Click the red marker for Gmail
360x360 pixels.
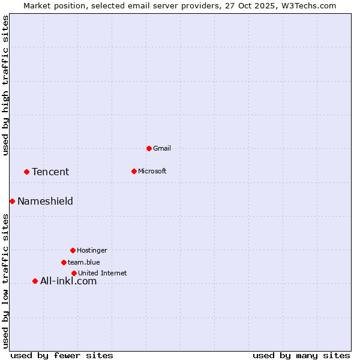pos(149,148)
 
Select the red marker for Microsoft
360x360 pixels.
pos(134,171)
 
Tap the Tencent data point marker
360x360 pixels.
pos(26,172)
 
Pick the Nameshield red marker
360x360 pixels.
pos(12,201)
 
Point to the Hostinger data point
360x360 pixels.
pos(73,250)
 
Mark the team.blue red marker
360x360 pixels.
pos(64,262)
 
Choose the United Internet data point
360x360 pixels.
pos(74,273)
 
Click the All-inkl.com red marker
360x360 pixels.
pos(35,281)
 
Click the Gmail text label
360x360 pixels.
pos(162,148)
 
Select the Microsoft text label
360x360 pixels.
pos(152,171)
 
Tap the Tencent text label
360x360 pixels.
pos(50,172)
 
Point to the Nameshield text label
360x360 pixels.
pos(45,201)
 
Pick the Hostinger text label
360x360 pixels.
pos(92,250)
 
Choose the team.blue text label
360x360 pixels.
pos(84,262)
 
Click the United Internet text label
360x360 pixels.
pos(103,273)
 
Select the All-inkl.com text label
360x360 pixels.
pos(68,281)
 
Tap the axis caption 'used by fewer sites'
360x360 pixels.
pos(62,355)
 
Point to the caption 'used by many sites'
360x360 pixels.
pos(301,355)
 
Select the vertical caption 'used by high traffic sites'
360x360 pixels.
pos(5,85)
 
